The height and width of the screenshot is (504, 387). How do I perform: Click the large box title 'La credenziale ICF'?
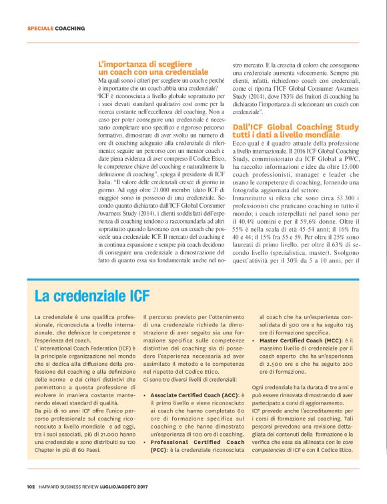point(92,295)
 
